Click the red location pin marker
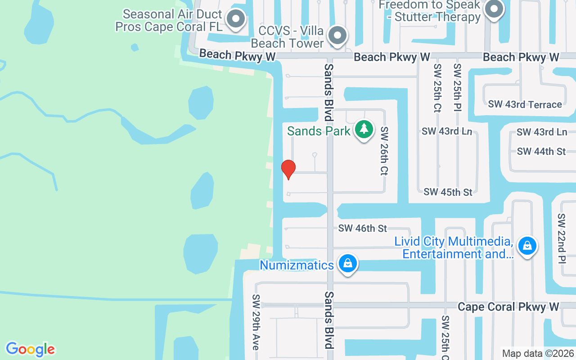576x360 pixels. pos(288,169)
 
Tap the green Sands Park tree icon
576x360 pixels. pos(364,130)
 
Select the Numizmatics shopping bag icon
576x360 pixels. pos(347,264)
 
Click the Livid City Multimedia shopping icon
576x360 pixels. pos(527,246)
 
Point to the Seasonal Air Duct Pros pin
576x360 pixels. pos(235,19)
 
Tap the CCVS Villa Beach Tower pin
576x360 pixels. pos(337,35)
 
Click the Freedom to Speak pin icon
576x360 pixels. pos(494,9)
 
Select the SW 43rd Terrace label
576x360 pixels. pos(525,104)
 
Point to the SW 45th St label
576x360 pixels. pos(448,192)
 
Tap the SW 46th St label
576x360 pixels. pos(363,229)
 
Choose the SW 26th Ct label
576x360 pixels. pos(384,151)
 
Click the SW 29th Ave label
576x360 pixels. pos(256,322)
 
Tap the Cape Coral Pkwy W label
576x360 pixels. pos(508,307)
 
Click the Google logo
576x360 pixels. pos(30,349)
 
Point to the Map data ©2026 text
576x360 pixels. pos(538,354)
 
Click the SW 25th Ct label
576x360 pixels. pos(437,88)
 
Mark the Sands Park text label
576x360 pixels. pos(319,131)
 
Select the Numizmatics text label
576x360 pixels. pos(297,265)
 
